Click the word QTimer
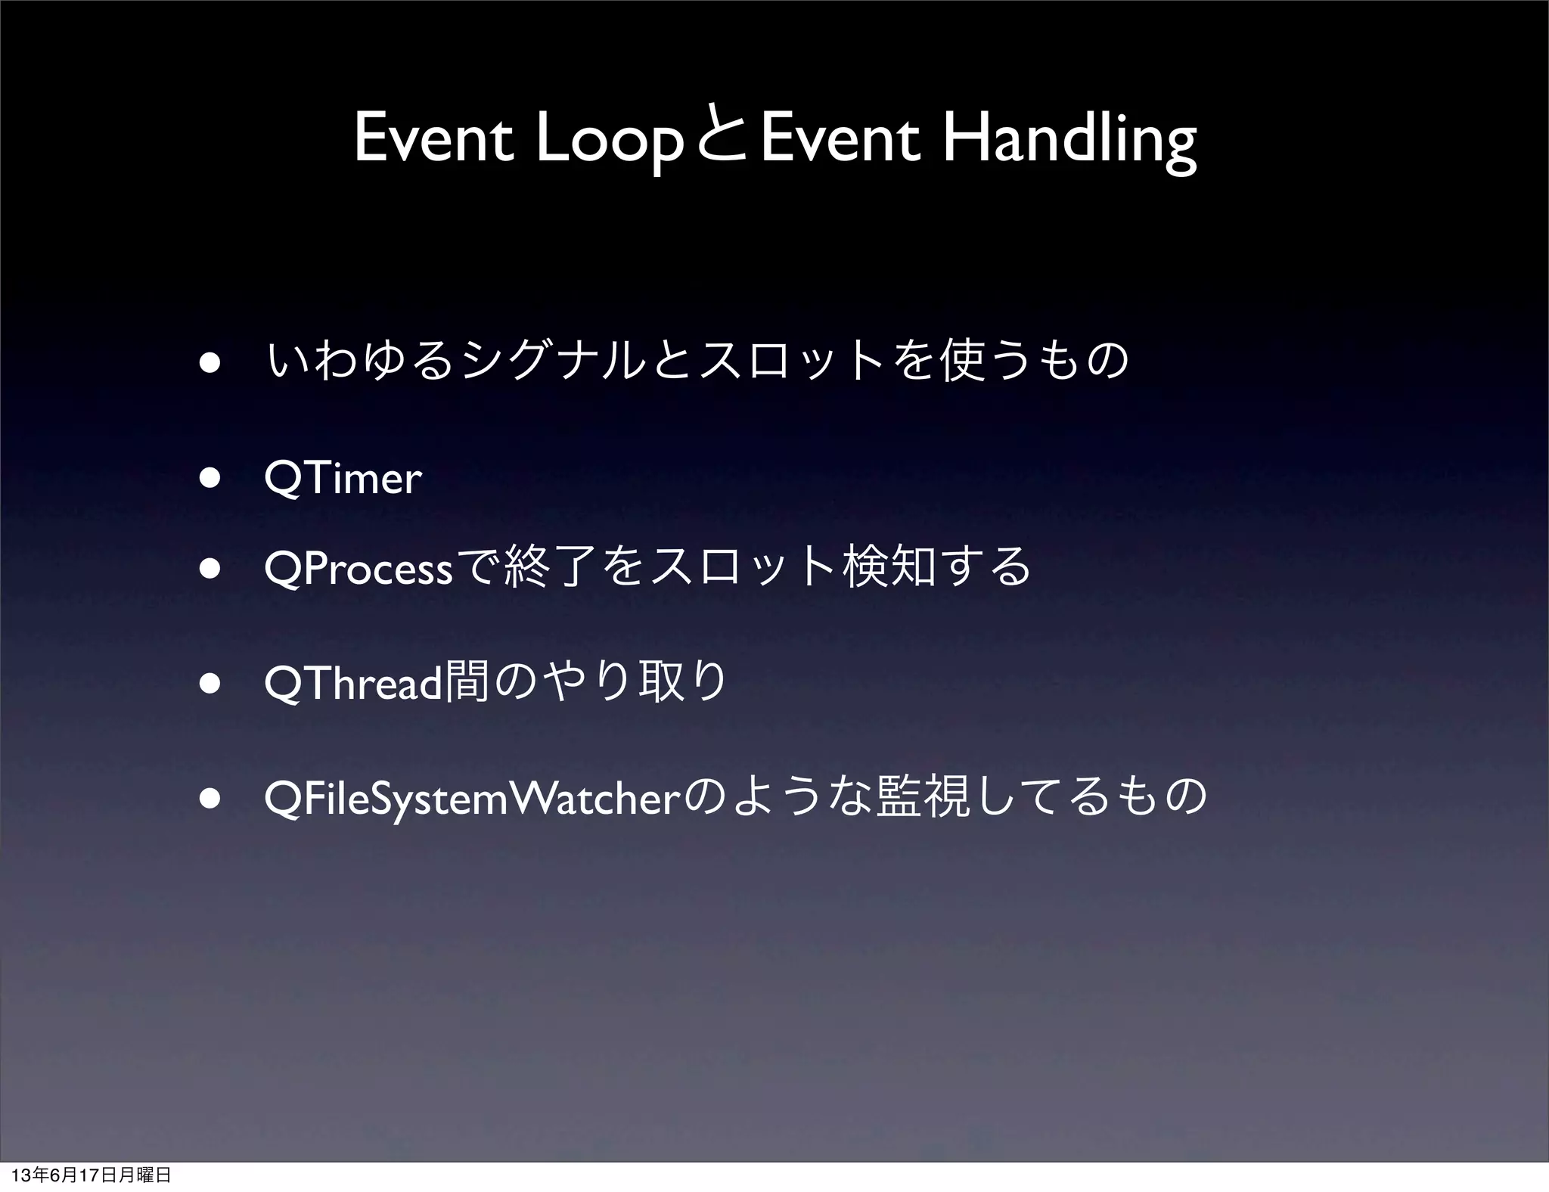tap(343, 478)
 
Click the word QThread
tap(352, 684)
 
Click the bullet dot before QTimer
tap(210, 479)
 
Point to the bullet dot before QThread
tap(210, 684)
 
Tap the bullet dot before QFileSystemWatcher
tap(210, 799)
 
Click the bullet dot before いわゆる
tap(210, 362)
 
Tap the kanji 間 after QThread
tap(467, 682)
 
